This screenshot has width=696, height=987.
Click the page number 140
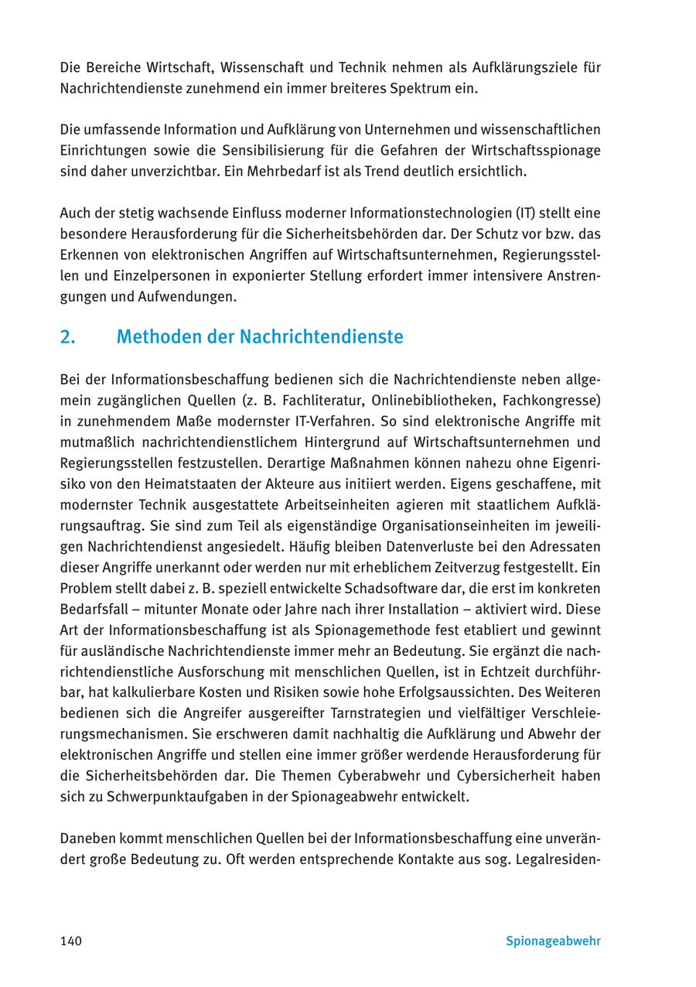pyautogui.click(x=70, y=941)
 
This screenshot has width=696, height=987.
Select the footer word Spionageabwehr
pyautogui.click(x=553, y=941)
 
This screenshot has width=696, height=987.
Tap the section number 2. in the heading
pyautogui.click(x=67, y=337)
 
